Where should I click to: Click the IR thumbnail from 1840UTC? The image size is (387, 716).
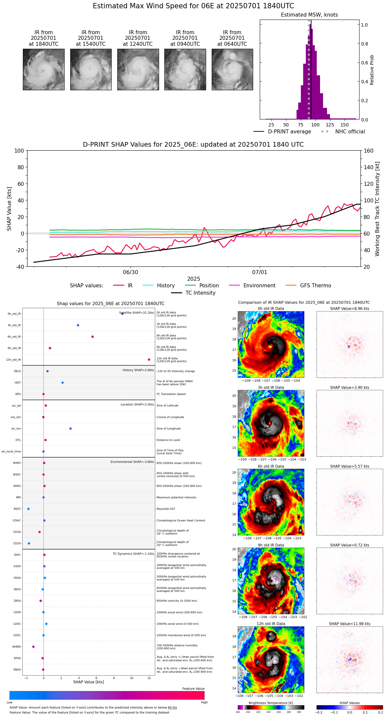[44, 69]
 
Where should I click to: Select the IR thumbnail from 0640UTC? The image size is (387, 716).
[232, 69]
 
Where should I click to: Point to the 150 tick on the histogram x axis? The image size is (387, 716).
[345, 125]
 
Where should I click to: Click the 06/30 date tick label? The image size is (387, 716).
[131, 272]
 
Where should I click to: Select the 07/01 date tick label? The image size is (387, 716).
[259, 272]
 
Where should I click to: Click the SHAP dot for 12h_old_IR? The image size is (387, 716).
[149, 360]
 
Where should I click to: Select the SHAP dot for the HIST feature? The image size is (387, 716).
[63, 383]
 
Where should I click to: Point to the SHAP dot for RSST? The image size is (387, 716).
[28, 509]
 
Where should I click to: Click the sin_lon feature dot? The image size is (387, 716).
[71, 429]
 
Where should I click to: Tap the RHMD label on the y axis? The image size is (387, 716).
[17, 647]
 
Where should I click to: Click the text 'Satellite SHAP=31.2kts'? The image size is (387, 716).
[137, 313]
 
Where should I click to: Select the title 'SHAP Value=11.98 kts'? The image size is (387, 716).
[350, 624]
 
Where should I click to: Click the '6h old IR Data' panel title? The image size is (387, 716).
[271, 466]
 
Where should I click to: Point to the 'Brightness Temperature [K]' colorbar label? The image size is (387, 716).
[271, 703]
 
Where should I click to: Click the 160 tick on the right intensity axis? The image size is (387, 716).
[369, 151]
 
